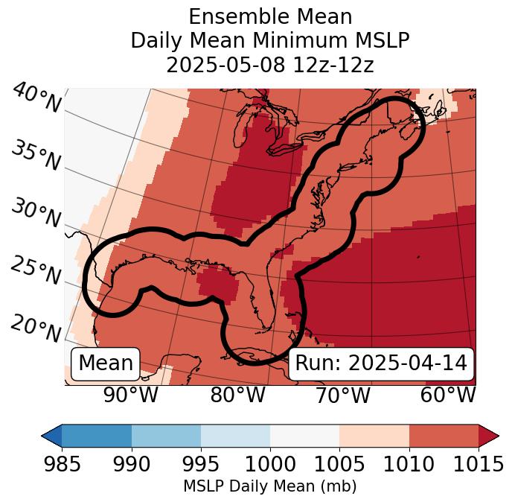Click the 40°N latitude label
click(36, 98)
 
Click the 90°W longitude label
click(131, 395)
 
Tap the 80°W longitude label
click(237, 395)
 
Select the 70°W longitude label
click(342, 395)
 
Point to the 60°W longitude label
click(447, 395)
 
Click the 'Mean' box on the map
click(106, 363)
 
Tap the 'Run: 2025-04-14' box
click(381, 363)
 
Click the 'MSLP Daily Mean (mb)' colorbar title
click(269, 486)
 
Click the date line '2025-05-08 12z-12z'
click(269, 65)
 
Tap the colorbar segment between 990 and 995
click(166, 435)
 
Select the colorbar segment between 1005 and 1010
click(374, 435)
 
